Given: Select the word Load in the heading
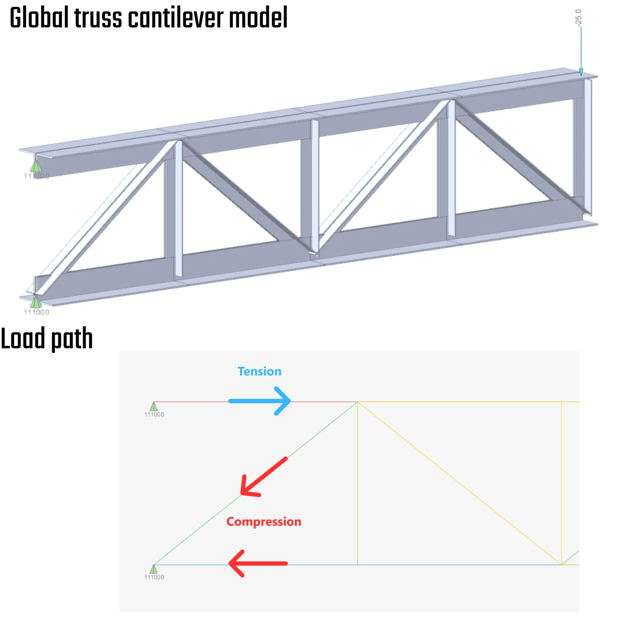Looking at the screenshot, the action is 23,339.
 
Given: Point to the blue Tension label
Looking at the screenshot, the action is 259,371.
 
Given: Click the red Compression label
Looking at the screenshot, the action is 264,522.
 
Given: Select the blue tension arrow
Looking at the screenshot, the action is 260,401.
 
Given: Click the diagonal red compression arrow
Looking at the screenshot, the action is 264,477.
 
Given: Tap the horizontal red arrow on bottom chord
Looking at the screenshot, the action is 258,563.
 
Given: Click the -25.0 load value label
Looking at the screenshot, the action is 578,18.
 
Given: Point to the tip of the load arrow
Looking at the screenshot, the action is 581,76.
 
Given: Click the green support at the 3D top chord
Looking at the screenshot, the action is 35,166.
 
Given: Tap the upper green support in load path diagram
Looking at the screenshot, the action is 153,406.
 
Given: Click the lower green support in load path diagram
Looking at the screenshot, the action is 153,569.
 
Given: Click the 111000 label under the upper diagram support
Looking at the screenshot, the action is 154,415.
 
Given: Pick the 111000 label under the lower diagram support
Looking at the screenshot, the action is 154,577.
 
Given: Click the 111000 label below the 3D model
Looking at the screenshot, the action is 37,312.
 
